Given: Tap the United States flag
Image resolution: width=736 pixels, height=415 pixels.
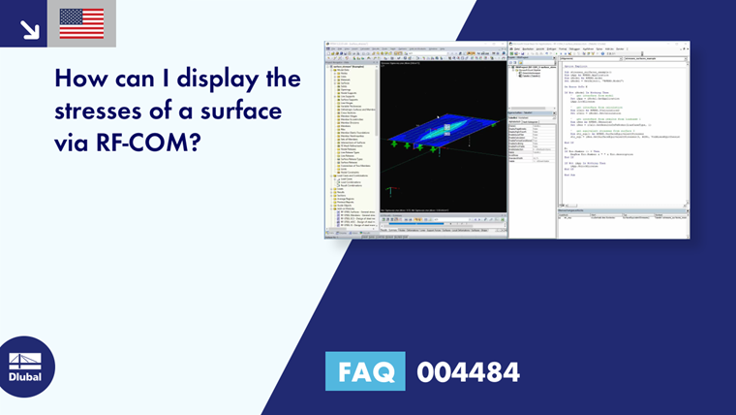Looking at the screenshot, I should (x=81, y=23).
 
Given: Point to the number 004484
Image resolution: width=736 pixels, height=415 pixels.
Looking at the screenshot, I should (x=468, y=371).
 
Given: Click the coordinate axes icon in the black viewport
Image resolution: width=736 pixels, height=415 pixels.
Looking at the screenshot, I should (x=388, y=191).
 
